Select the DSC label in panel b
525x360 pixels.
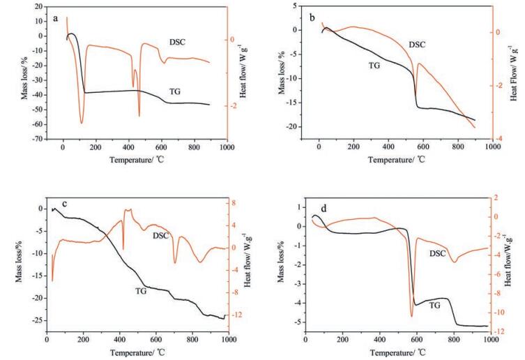click(416, 45)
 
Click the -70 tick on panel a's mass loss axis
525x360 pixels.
click(33, 140)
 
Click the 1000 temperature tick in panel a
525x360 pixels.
click(226, 148)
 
